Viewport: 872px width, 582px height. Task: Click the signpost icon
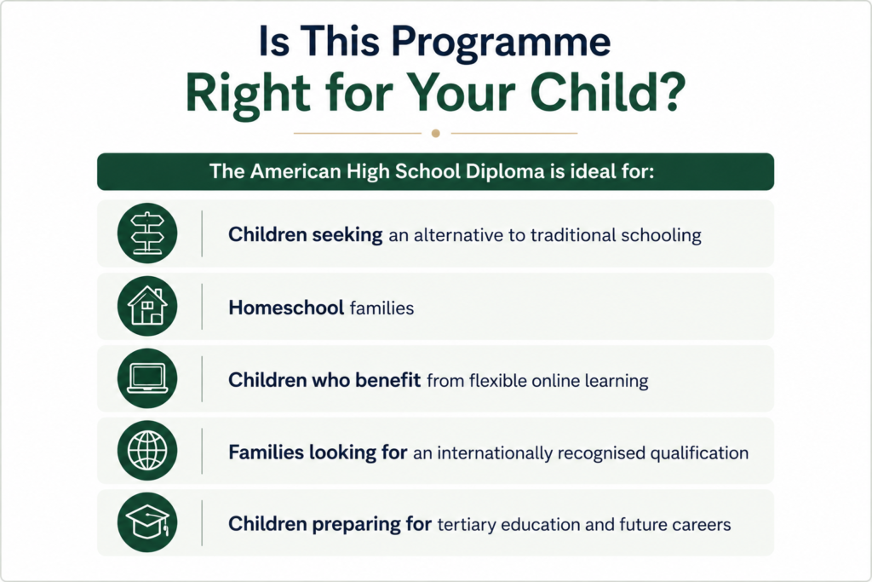tap(147, 233)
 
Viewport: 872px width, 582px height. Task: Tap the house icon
tap(147, 305)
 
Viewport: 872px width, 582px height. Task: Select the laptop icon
tap(147, 378)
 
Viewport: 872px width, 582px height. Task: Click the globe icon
tap(147, 451)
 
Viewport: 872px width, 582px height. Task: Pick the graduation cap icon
tap(147, 521)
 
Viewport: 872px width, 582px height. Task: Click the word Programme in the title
tap(501, 43)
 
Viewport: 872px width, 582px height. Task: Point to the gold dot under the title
tap(436, 134)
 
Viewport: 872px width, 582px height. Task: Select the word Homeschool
tap(286, 308)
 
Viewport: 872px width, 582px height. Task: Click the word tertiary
tap(467, 525)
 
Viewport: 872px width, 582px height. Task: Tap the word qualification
tap(699, 453)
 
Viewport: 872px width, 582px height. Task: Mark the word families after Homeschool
tap(382, 308)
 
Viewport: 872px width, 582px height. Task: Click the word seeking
tap(347, 235)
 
